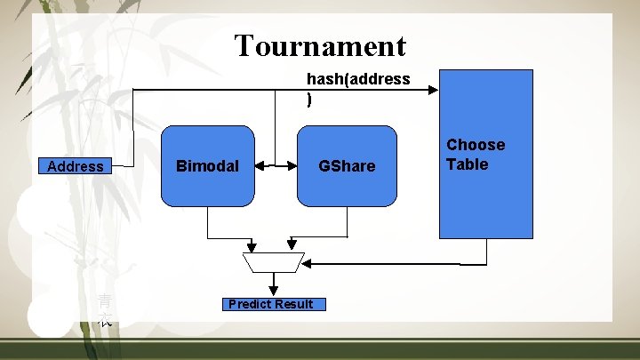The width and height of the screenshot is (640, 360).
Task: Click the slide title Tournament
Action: [320, 45]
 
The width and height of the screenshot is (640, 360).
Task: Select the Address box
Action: [76, 166]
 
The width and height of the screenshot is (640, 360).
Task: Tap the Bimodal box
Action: [208, 166]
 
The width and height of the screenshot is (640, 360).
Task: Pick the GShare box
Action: [347, 166]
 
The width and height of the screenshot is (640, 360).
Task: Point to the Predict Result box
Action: [270, 304]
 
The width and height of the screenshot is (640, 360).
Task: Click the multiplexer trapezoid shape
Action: [274, 262]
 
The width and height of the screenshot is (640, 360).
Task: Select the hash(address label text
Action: [358, 79]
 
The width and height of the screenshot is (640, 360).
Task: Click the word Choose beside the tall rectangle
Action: [476, 145]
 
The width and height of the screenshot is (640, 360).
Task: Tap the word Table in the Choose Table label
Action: [468, 164]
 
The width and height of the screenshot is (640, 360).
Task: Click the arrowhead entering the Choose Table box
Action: [434, 89]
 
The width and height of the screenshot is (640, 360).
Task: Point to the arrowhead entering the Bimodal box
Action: [259, 165]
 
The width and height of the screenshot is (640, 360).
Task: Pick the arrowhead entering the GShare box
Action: [292, 165]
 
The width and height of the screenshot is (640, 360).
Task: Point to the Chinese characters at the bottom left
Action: [105, 309]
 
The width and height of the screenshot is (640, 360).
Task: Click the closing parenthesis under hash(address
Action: [309, 100]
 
